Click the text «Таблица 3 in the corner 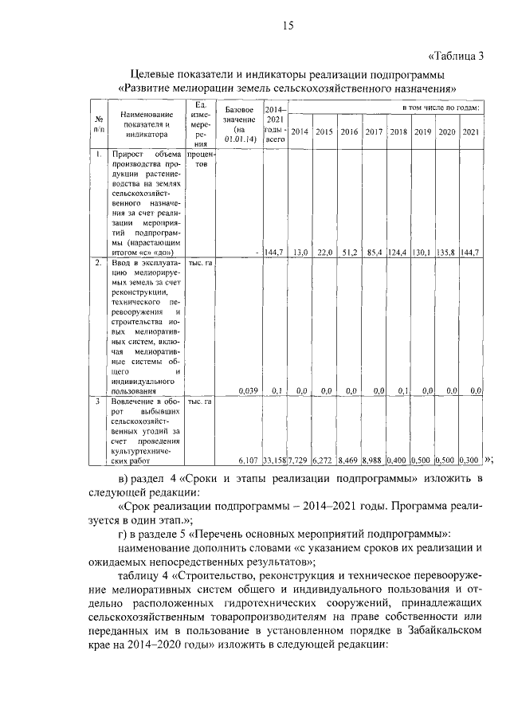(x=457, y=55)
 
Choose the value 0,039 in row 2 (x=249, y=390)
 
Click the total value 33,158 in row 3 (x=274, y=460)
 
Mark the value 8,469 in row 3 (x=350, y=460)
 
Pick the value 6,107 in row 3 (x=249, y=460)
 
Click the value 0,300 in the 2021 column (x=471, y=460)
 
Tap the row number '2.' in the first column (x=97, y=262)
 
